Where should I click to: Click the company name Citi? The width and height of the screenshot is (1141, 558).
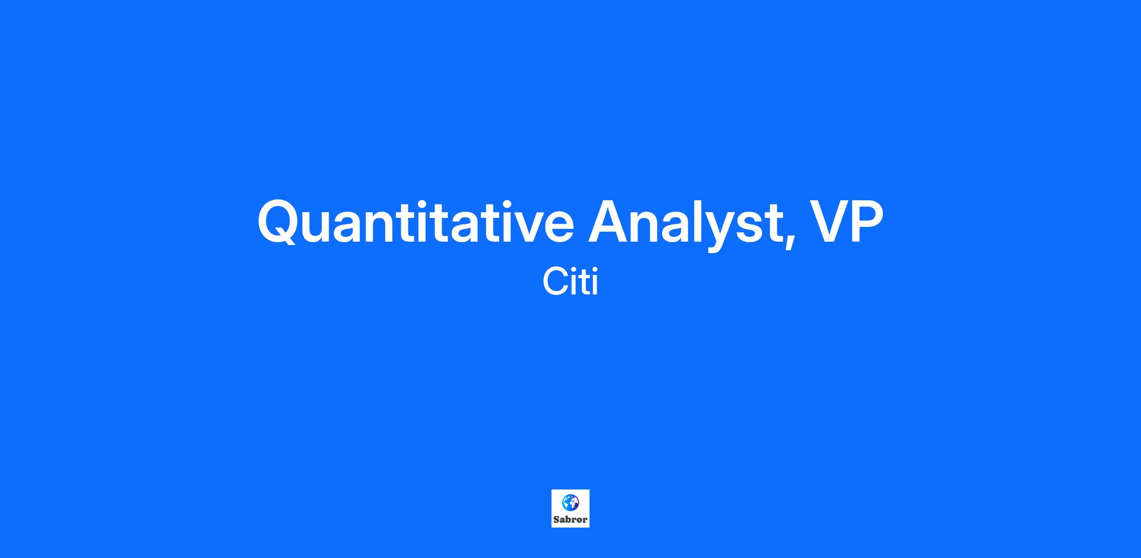coord(570,282)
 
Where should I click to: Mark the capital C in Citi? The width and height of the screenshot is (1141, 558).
coord(555,282)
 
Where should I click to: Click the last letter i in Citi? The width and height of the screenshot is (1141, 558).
coord(595,282)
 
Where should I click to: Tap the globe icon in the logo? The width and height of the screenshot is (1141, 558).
coord(570,502)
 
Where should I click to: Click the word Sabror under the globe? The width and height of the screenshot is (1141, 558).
coord(570,519)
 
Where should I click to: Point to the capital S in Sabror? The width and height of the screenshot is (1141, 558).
coord(556,519)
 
